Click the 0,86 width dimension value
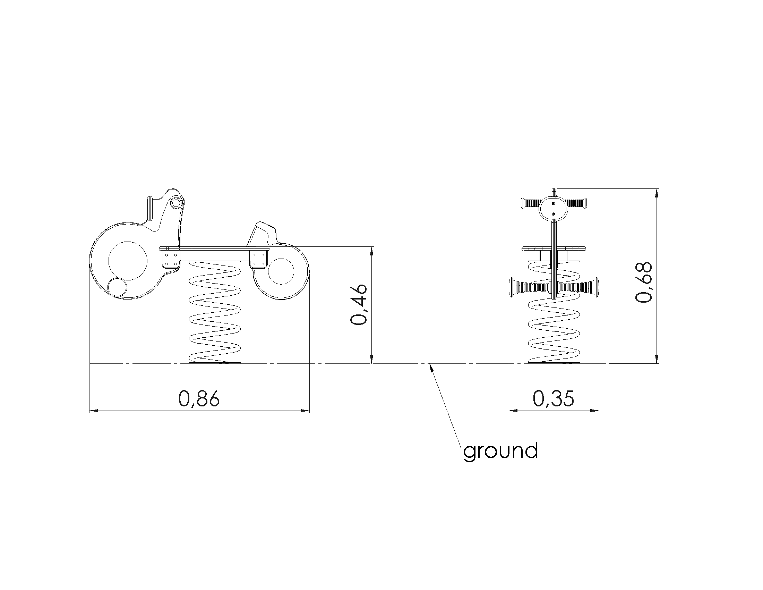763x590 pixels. click(x=199, y=398)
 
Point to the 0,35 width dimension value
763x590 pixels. click(x=554, y=398)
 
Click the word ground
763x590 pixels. click(x=500, y=451)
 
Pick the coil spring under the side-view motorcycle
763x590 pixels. click(x=214, y=313)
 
